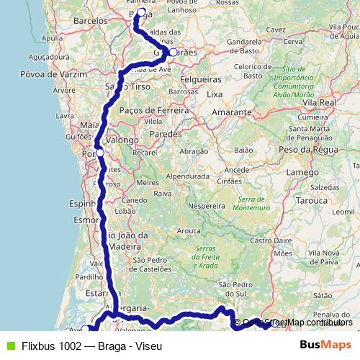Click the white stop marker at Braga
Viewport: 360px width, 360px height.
point(140,12)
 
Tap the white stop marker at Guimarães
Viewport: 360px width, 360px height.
point(173,52)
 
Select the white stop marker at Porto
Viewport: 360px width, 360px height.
point(99,153)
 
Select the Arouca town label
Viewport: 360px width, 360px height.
point(190,230)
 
